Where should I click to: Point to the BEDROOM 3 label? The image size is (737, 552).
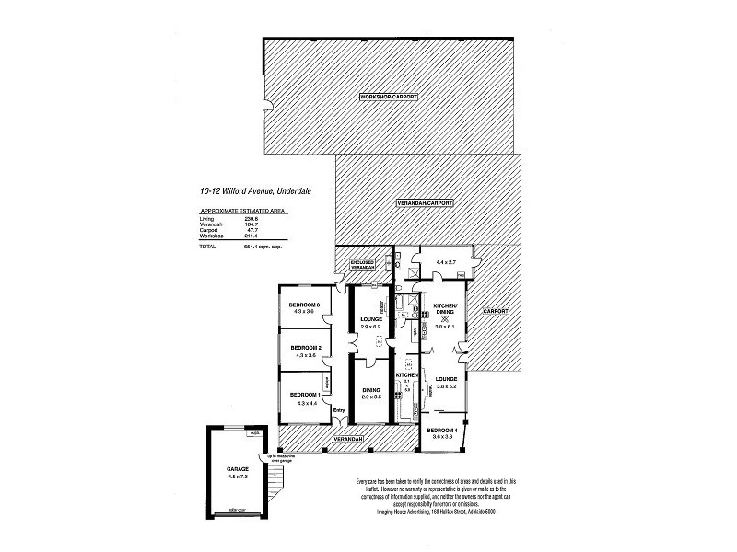coord(304,305)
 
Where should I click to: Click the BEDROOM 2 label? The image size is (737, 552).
coord(304,348)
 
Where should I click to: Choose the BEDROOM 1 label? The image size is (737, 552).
coord(304,394)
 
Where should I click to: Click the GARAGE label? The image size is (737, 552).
coord(238,468)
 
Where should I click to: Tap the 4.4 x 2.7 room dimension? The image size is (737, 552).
coord(447,263)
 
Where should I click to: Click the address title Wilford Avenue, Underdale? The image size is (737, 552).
coord(243,191)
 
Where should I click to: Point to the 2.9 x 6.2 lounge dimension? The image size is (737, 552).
coord(370,327)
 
